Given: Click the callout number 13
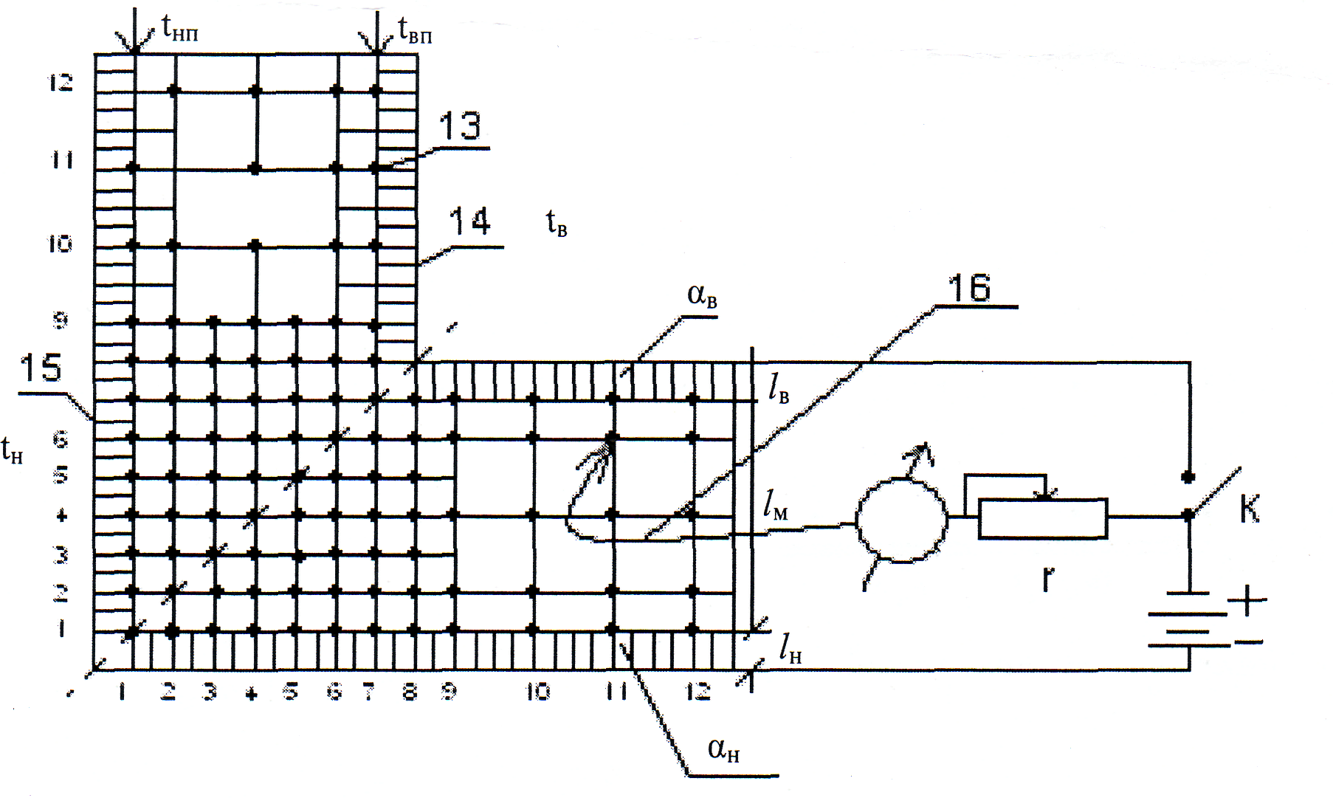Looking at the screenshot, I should click(460, 127).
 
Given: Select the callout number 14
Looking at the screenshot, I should click(470, 221).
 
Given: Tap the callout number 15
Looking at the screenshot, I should click(41, 368).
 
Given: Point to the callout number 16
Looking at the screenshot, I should click(970, 287).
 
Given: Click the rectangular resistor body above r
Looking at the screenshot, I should click(1042, 518).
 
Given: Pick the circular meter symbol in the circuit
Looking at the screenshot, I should click(901, 519).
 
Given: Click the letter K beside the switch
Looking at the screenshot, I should click(1249, 509).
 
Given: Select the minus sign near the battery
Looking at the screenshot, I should click(1248, 642).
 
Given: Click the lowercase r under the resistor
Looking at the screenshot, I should click(1047, 580).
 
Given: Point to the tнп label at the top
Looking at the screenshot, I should click(179, 30).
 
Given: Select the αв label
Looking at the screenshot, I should click(702, 297).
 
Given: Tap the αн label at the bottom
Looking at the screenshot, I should click(723, 750).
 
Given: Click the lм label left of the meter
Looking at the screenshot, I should click(775, 506).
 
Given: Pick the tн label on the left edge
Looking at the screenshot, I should click(12, 450).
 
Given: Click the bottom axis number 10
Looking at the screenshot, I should click(537, 692).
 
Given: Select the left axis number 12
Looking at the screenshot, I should click(61, 83).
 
